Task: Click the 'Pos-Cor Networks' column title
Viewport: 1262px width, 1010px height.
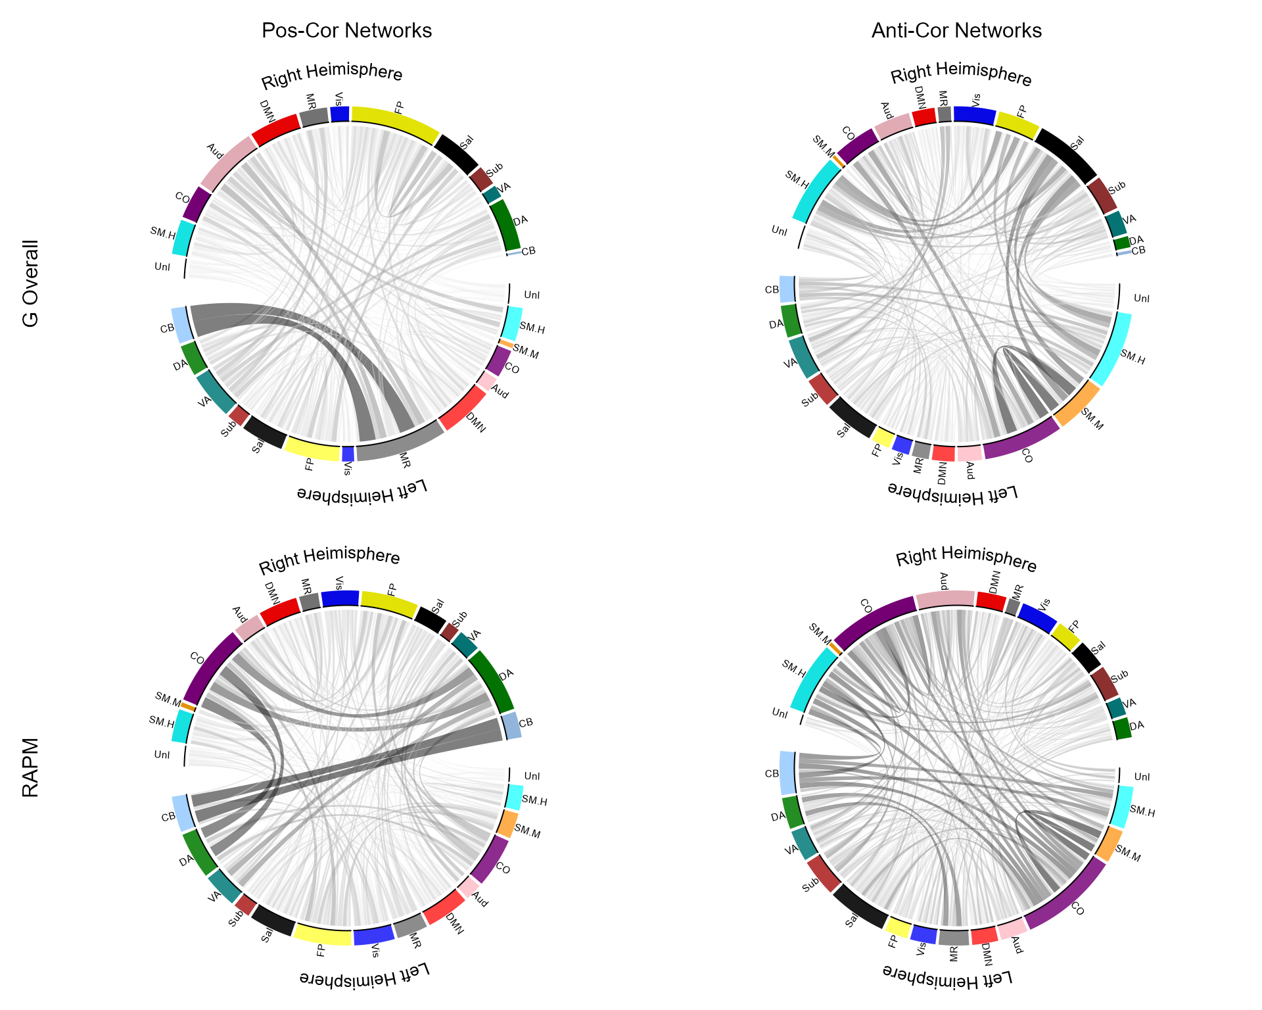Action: tap(346, 31)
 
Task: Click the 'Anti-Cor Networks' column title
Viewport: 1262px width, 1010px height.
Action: tap(956, 31)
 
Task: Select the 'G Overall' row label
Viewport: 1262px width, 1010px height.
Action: tap(31, 283)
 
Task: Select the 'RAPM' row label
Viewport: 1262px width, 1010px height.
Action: tap(31, 767)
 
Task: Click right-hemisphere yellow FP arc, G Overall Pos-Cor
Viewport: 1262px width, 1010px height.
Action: tap(396, 121)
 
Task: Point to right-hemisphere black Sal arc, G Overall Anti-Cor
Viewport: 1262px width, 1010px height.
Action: tap(1067, 155)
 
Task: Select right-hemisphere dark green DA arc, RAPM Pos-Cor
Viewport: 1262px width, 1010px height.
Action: tap(493, 681)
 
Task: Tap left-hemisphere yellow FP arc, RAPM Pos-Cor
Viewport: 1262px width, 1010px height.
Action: tap(323, 935)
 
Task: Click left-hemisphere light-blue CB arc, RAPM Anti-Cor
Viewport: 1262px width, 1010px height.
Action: tap(787, 773)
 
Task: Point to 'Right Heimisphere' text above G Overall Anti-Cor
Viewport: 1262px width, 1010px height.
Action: tap(961, 74)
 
